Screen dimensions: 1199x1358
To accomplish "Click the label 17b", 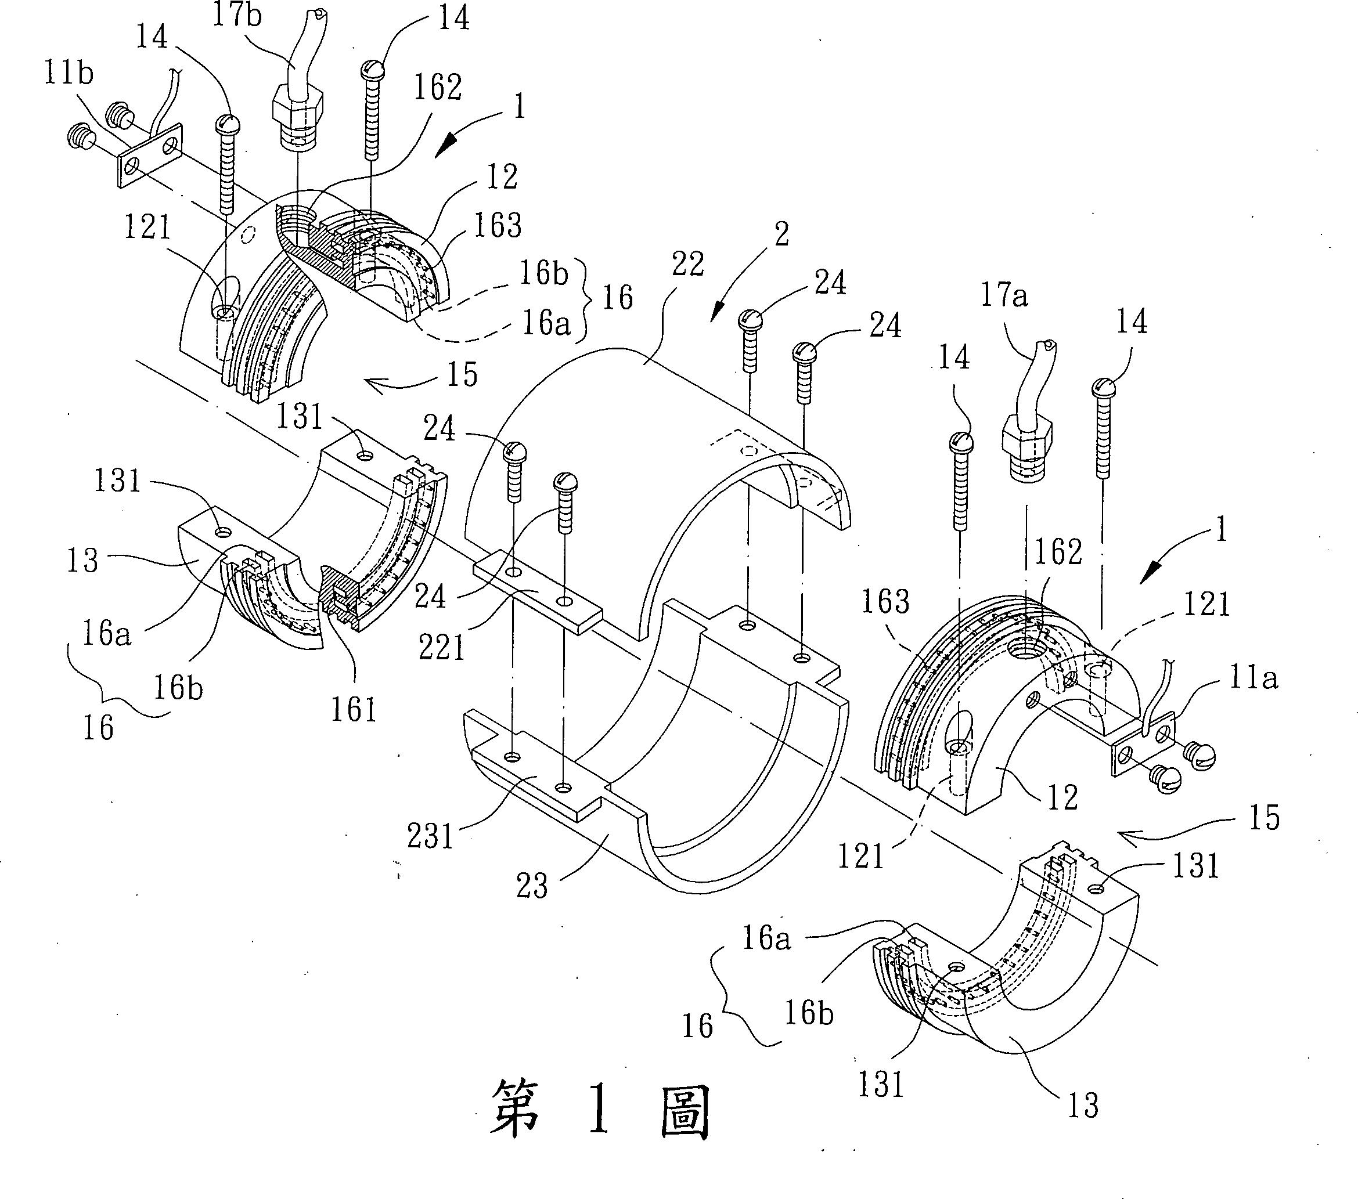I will pos(236,15).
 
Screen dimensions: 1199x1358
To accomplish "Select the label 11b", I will pos(69,73).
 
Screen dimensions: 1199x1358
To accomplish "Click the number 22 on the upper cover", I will pos(687,265).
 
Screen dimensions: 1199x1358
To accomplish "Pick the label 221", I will pos(442,647).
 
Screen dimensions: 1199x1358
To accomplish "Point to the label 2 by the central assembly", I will pos(781,234).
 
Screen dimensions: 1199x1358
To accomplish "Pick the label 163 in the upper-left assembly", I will pos(497,225).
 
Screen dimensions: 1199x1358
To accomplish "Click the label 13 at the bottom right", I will pos(1082,1104).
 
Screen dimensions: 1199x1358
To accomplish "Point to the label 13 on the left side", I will pos(82,560).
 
